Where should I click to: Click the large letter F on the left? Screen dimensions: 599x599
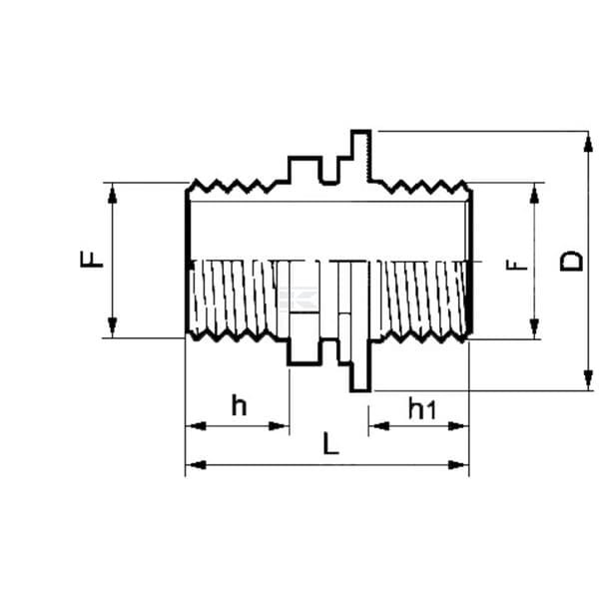92,259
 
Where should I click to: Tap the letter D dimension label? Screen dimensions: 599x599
571,261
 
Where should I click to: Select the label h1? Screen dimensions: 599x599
421,408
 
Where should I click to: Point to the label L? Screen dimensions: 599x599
330,443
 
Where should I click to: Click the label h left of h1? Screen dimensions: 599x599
240,405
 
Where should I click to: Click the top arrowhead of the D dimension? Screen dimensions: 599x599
588,142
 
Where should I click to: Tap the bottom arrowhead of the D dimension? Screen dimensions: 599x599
588,380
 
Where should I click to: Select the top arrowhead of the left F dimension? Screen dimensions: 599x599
112,194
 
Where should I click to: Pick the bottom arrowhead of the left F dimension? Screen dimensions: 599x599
112,327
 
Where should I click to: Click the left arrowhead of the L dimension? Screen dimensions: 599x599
196,465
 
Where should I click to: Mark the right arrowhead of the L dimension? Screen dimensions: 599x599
458,465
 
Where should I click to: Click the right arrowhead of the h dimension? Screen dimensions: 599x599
279,426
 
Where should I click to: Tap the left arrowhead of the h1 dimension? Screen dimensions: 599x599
379,426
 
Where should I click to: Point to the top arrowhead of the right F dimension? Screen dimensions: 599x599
534,194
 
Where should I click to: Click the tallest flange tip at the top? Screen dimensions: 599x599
361,132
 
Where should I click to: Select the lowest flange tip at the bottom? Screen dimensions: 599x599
360,390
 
